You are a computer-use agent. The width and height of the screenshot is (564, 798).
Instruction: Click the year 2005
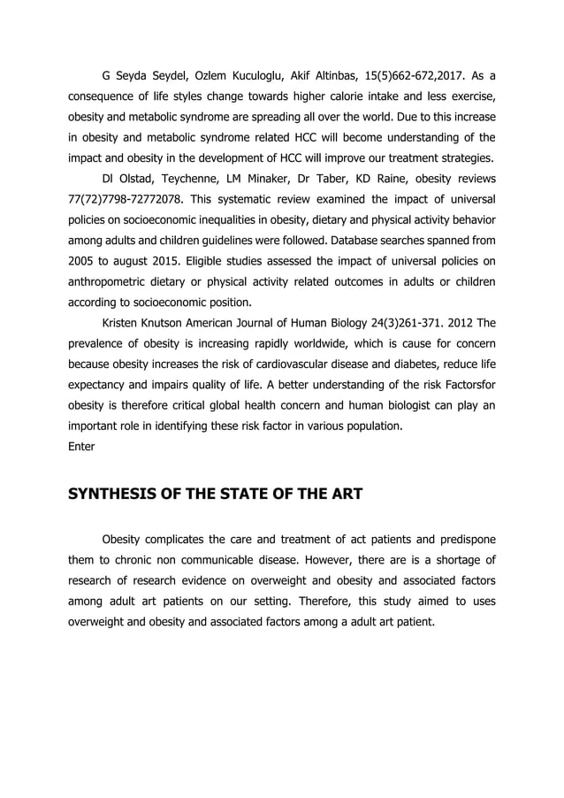tap(83, 261)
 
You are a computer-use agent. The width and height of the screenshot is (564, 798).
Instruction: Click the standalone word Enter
tap(81, 447)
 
